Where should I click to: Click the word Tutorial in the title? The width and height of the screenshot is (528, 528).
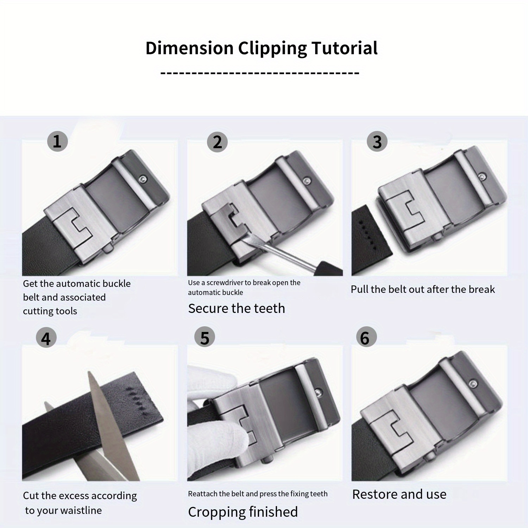click(x=344, y=48)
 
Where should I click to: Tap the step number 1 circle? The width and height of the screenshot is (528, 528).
click(x=57, y=141)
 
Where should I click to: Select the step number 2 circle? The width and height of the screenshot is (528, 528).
click(x=218, y=142)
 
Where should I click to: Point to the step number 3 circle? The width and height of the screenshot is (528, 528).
click(x=377, y=142)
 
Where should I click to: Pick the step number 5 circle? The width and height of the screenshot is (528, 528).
click(x=205, y=337)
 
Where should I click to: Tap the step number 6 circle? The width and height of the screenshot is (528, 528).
click(x=366, y=337)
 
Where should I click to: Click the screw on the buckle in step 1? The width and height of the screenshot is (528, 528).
click(x=143, y=180)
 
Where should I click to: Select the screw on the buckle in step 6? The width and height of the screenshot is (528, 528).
click(x=473, y=383)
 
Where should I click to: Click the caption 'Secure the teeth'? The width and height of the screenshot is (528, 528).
click(x=237, y=308)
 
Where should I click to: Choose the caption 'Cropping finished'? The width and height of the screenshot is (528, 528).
click(x=243, y=512)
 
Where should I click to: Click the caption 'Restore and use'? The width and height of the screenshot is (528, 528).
click(x=400, y=494)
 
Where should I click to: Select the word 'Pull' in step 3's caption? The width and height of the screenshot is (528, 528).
click(x=359, y=289)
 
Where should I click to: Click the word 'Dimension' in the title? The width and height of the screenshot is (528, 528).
click(x=190, y=48)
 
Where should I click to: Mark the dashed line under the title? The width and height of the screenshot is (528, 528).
click(x=260, y=73)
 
